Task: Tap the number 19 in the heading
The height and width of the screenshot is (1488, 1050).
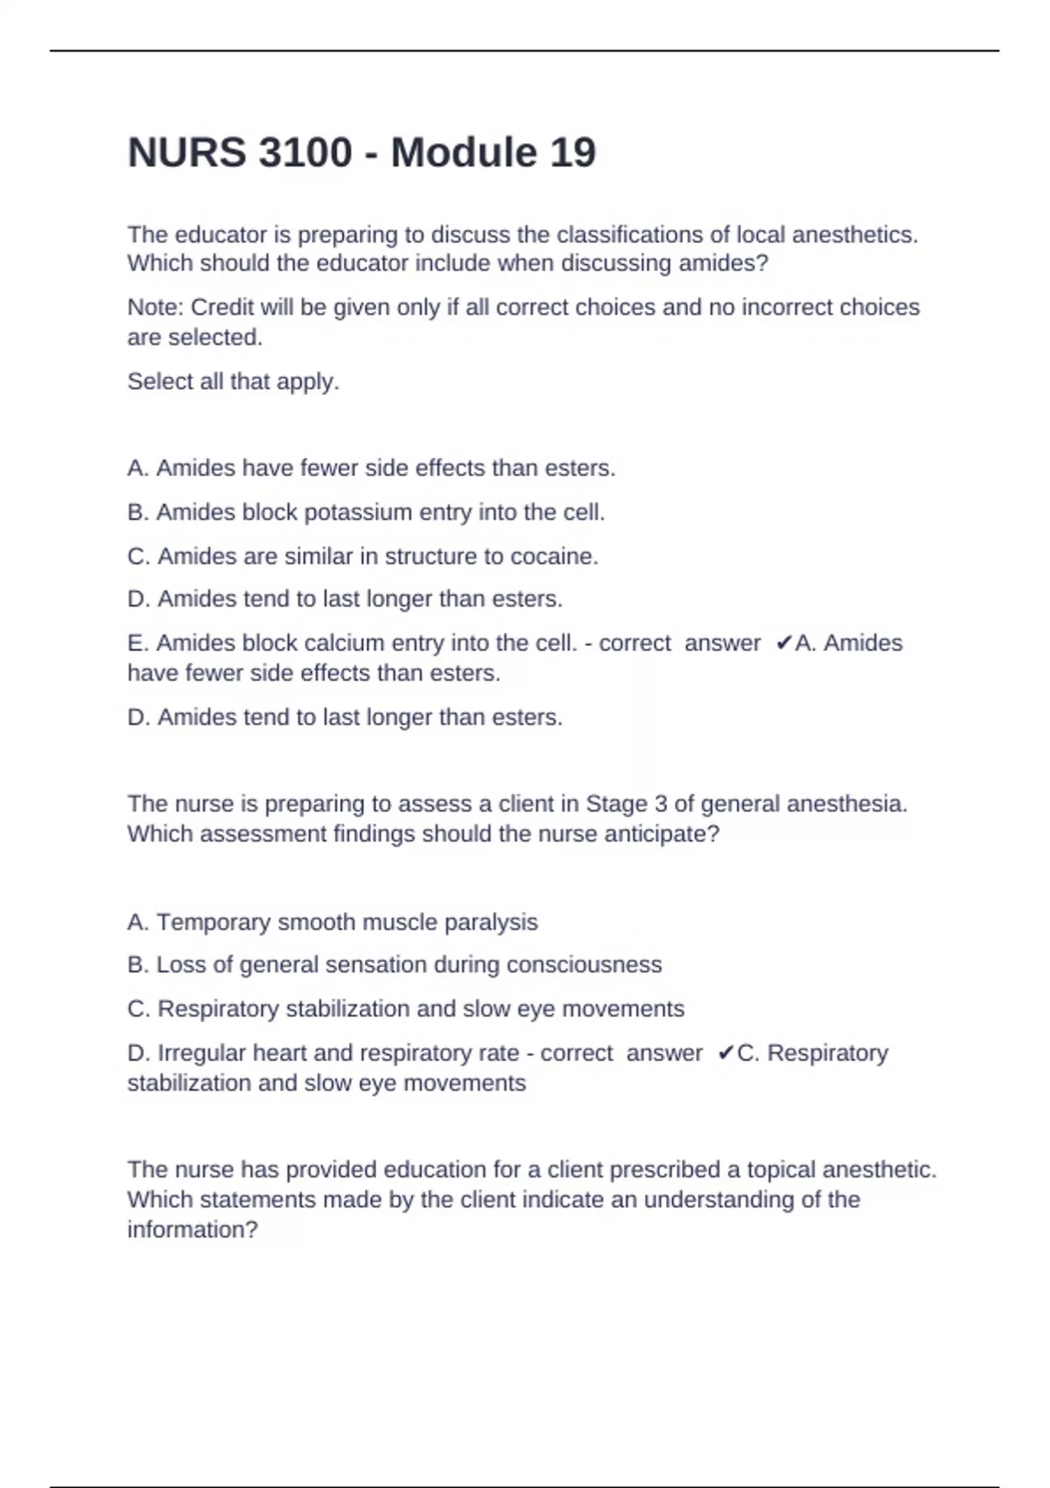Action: (x=572, y=152)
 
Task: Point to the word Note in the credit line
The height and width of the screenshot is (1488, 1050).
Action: (x=153, y=307)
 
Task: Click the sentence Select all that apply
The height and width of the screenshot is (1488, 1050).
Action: (x=233, y=382)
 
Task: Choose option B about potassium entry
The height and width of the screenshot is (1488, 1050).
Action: (x=366, y=512)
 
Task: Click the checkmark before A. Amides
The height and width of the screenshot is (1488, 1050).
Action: (x=784, y=643)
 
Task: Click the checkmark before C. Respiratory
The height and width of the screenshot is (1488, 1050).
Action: (x=725, y=1053)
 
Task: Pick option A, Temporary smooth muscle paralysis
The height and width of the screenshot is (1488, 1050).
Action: (x=332, y=922)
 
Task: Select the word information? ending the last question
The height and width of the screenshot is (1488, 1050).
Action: (x=192, y=1230)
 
